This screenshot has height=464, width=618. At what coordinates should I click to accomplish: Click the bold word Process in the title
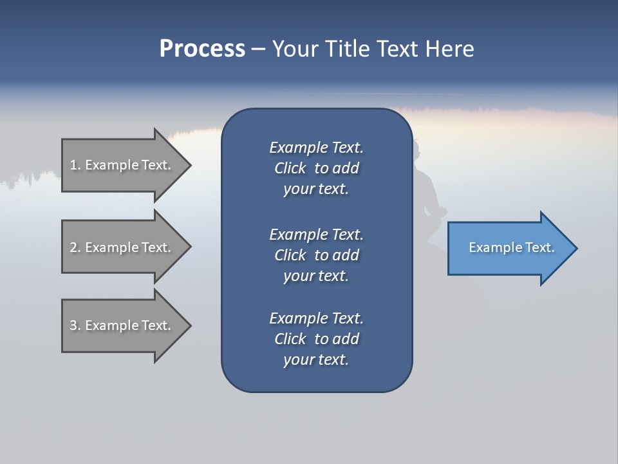[202, 49]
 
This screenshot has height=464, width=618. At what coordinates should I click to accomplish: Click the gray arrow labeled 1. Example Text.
[122, 165]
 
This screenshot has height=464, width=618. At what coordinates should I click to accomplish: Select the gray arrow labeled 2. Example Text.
[122, 247]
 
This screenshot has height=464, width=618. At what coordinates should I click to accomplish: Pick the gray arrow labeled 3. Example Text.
[122, 325]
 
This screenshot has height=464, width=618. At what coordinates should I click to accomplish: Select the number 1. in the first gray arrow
[75, 165]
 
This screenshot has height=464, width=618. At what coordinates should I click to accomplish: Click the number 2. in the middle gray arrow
[75, 247]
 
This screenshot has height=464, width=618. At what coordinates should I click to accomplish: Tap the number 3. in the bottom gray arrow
[75, 325]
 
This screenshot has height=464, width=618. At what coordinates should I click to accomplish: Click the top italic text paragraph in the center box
[316, 168]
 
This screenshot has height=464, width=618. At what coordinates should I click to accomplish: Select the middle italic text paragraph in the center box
[316, 255]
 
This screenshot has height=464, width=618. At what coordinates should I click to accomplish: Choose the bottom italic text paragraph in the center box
[316, 339]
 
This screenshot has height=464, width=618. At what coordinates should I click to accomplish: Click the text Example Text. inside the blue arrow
[512, 247]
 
